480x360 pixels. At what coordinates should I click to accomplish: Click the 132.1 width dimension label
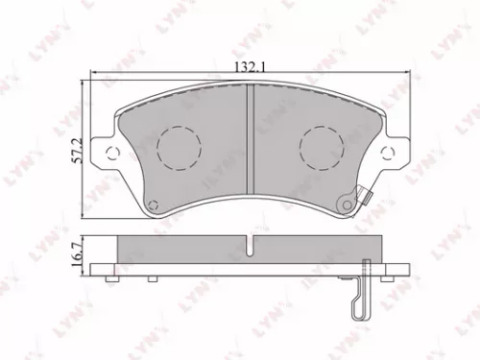249,68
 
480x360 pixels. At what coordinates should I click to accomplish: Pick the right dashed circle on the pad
319,147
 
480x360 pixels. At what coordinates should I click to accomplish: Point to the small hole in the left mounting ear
111,151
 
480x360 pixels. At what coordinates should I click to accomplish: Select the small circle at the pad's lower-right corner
343,202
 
